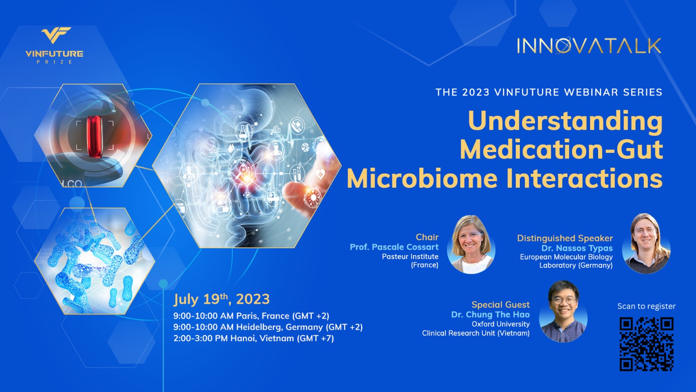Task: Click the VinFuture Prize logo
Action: pos(54,45)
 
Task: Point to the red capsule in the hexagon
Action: pos(94,136)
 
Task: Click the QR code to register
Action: pos(646,344)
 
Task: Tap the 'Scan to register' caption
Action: pos(646,306)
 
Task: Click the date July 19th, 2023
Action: pos(221,299)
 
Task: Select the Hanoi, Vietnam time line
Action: pos(254,338)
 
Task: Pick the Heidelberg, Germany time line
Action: pos(268,327)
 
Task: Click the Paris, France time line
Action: pos(251,316)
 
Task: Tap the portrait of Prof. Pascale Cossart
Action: pos(471,244)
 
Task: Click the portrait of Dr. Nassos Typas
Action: pos(646,243)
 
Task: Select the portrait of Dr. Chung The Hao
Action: pos(563,311)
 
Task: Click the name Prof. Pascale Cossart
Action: pos(394,247)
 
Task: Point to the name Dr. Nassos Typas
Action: pos(577,248)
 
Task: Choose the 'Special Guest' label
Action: pos(500,304)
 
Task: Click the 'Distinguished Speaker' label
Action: pos(565,238)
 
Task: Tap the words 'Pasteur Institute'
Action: pos(410,257)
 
